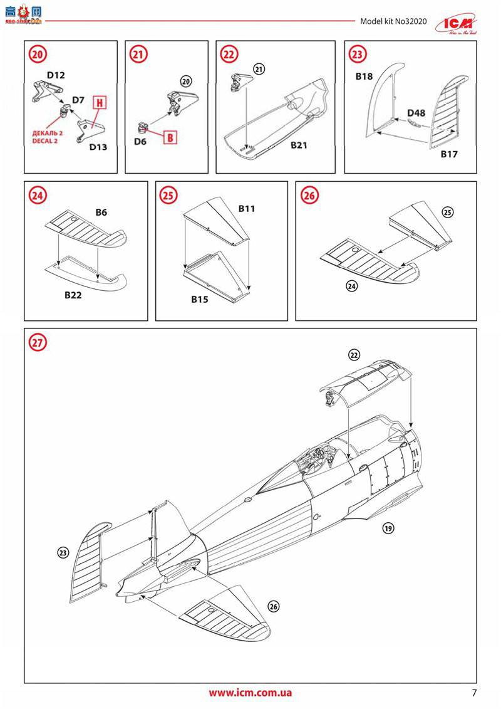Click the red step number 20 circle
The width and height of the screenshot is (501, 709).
(37, 55)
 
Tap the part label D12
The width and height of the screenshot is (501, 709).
(56, 75)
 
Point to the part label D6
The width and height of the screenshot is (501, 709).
(140, 142)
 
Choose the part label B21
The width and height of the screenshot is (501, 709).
(299, 144)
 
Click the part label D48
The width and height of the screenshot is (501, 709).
(416, 113)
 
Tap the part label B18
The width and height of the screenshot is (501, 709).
(364, 76)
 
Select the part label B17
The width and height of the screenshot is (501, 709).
(450, 154)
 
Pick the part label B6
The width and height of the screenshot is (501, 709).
(101, 213)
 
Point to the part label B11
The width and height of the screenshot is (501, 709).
(246, 208)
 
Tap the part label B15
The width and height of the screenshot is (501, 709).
(199, 300)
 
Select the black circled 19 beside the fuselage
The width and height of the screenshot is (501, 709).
(388, 528)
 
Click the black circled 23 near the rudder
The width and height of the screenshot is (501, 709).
(63, 552)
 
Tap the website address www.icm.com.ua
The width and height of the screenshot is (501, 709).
(250, 693)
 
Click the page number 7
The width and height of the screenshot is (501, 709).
(474, 693)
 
